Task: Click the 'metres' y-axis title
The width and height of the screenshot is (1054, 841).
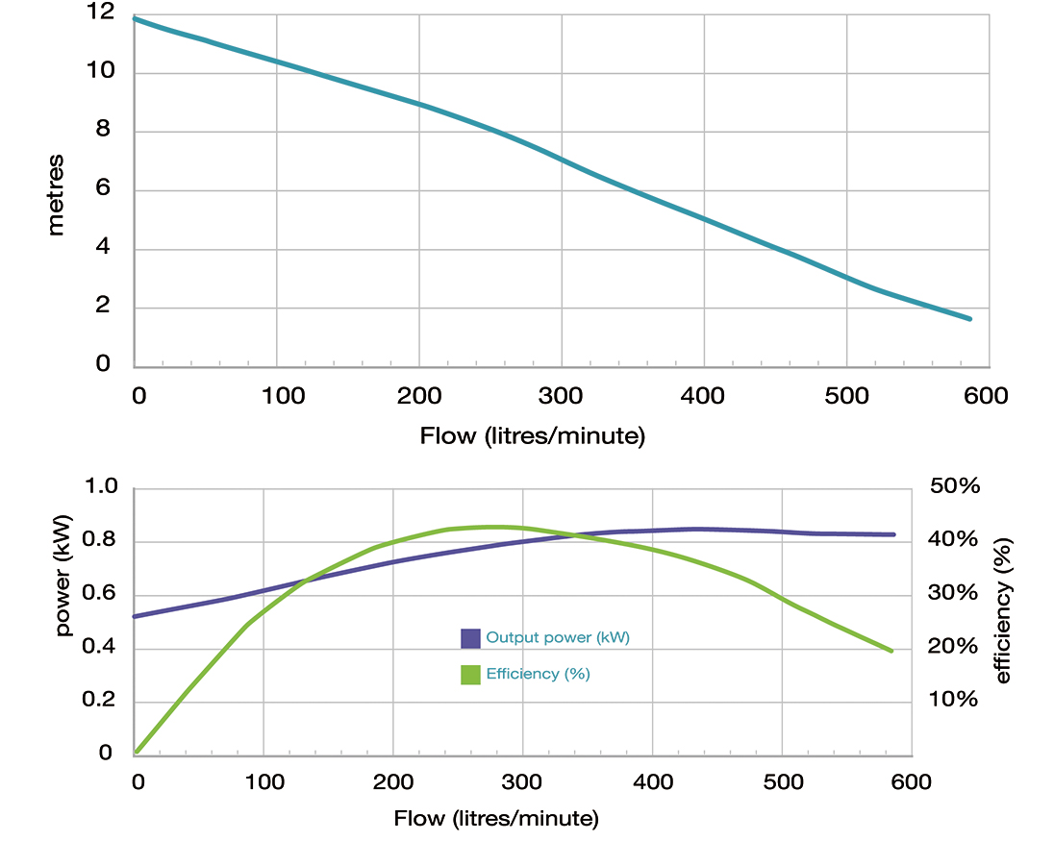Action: pos(56,193)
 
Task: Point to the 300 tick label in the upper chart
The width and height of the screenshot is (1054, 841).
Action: pos(561,395)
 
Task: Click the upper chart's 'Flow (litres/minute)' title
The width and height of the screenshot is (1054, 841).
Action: pos(532,435)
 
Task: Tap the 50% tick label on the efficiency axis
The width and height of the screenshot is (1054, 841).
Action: pos(954,486)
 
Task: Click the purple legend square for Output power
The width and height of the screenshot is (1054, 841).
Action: pos(470,638)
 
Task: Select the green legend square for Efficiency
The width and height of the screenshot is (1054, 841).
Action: pos(470,674)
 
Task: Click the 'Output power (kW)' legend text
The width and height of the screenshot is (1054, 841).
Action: pos(558,638)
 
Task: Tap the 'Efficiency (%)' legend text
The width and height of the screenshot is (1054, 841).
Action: pos(538,674)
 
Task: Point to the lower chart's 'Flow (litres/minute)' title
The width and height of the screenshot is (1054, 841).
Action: pos(496,819)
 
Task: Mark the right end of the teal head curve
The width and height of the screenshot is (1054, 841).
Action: pos(969,318)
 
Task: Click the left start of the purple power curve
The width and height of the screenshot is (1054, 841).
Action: pos(136,616)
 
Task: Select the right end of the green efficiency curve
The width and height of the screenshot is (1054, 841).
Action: pos(891,651)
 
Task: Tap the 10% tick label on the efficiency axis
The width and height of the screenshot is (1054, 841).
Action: pos(954,699)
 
